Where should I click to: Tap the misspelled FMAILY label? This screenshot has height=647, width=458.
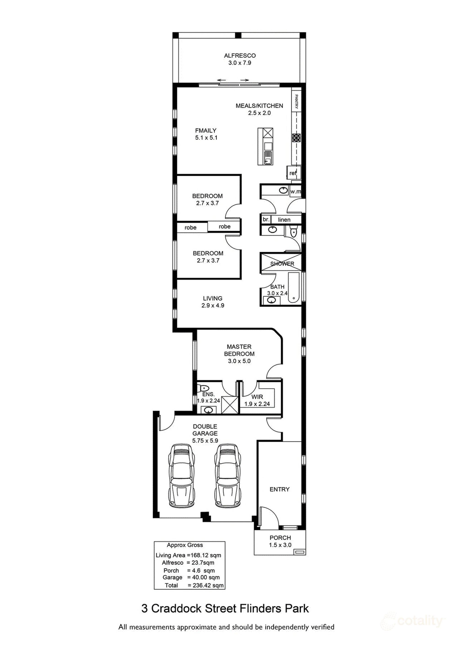[x=206, y=131]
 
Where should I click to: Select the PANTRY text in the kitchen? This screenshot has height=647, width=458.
[x=296, y=101]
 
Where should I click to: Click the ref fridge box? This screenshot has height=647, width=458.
[x=293, y=173]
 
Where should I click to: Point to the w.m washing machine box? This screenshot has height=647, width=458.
[x=295, y=192]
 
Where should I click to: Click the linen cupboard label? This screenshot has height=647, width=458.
[x=284, y=220]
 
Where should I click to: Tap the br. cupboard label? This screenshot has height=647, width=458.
[x=266, y=219]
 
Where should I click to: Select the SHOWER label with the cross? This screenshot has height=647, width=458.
[x=282, y=264]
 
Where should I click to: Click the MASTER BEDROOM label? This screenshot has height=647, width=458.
[x=239, y=350]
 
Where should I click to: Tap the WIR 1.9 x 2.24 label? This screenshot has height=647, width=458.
[x=257, y=400]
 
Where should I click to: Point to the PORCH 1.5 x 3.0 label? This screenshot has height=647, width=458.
[x=280, y=541]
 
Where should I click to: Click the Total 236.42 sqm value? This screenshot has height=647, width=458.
[x=206, y=585]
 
